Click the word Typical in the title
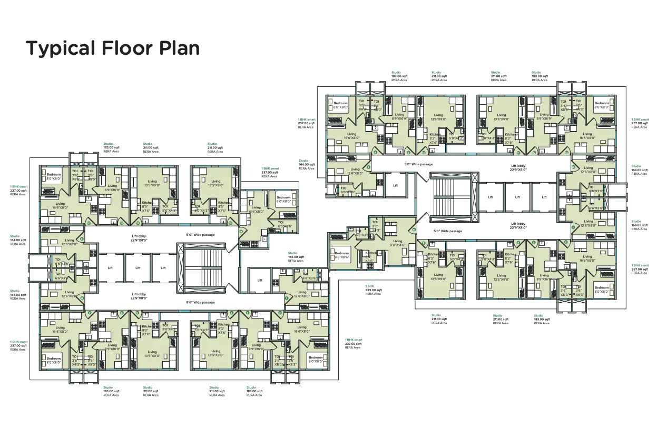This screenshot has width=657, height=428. tap(59, 48)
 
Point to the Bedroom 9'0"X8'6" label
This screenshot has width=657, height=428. tap(341, 255)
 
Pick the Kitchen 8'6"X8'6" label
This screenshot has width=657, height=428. tap(370, 257)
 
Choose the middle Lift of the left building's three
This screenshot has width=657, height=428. tap(138, 268)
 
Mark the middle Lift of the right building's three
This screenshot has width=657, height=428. tap(517, 197)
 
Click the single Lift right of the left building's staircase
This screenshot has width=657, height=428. tap(260, 280)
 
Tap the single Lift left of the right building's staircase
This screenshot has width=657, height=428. tap(395, 186)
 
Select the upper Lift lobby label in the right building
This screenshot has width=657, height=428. tap(518, 167)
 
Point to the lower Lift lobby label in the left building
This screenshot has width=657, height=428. tap(140, 296)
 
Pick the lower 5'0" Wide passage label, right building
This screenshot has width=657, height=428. tap(447, 231)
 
